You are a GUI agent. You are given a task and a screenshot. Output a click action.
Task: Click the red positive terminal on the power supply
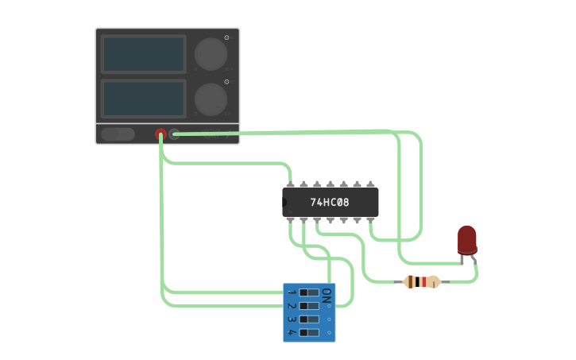160,134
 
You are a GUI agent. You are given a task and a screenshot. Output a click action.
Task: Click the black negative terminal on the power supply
174,134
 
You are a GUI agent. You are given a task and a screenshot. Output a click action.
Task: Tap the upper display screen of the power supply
143,53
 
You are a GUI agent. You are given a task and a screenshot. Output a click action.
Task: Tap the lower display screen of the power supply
143,97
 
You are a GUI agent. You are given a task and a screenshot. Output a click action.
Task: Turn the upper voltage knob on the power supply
211,53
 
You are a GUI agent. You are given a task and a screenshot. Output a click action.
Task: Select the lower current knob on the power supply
211,99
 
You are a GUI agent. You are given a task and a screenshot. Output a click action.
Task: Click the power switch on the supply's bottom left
118,134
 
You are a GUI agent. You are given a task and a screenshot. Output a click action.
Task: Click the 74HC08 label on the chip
330,203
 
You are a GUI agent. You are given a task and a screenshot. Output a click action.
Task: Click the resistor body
421,281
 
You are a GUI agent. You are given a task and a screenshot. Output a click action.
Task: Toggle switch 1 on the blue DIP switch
308,292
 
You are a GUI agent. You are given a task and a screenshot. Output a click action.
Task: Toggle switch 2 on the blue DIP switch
308,305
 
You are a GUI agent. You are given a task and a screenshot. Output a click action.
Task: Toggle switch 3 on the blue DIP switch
308,318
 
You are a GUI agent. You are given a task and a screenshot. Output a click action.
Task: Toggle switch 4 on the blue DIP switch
308,331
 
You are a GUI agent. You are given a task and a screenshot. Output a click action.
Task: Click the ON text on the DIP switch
327,293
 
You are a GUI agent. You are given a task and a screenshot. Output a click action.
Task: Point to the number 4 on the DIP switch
292,331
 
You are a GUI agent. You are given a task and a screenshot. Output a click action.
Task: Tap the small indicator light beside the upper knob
226,37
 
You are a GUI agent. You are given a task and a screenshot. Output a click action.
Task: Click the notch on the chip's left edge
285,203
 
